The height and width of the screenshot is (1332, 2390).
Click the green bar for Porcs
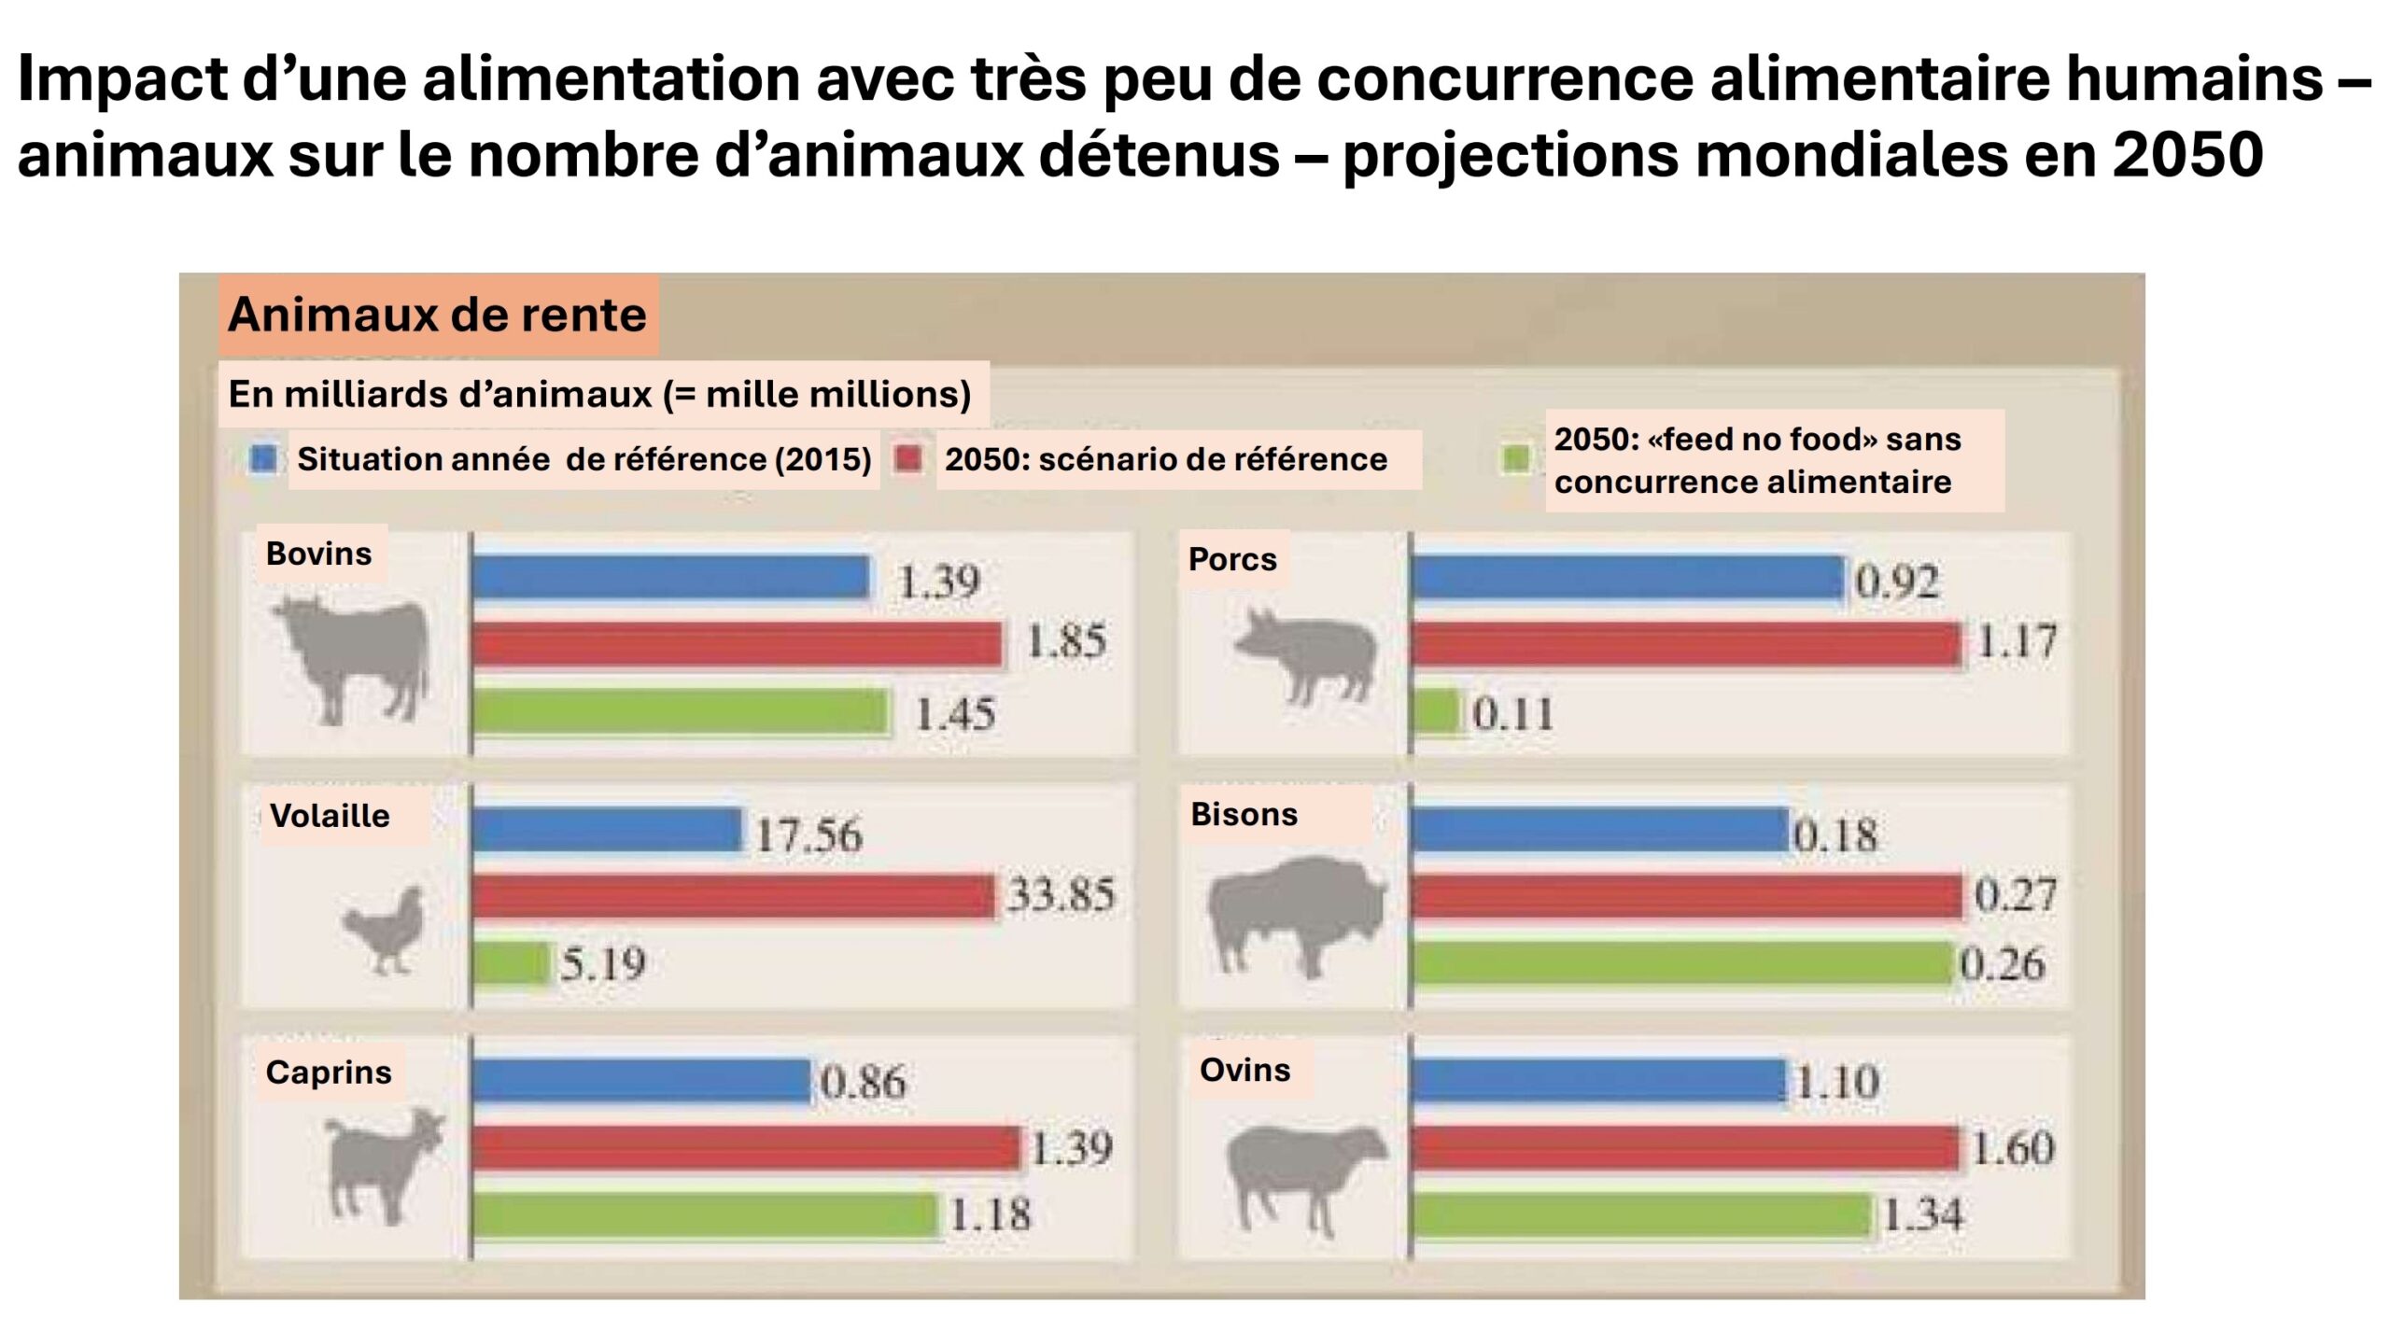coord(1436,713)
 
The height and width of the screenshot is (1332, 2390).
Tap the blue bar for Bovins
coord(670,578)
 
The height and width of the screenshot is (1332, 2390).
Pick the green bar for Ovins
coord(1641,1216)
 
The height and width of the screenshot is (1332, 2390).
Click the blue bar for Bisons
coord(1599,831)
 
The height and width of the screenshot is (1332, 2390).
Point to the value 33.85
coord(1061,895)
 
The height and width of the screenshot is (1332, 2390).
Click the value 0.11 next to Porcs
coord(1512,715)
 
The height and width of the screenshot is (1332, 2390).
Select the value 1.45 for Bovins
coord(954,715)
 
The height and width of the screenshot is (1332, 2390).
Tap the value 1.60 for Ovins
coord(2013,1148)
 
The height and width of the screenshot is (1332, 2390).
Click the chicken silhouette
coord(386,930)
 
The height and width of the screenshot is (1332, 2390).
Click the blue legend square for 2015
coord(263,459)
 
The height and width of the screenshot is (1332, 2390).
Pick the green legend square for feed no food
coord(1516,459)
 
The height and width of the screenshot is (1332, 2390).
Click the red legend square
coord(908,459)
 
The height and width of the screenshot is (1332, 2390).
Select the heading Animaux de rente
coord(437,315)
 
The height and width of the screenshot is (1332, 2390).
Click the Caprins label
coord(329,1073)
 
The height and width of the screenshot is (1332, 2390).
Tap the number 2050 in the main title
coord(2186,155)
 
